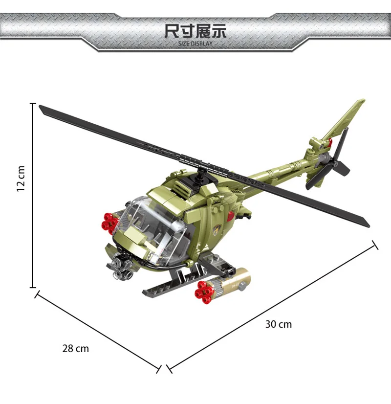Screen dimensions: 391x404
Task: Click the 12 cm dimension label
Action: [x=21, y=179]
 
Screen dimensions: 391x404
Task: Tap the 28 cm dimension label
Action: [x=76, y=349]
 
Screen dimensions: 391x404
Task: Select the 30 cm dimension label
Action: [x=279, y=324]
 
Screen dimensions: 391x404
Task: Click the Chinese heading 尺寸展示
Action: [x=195, y=31]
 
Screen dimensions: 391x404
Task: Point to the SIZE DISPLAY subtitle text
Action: [x=195, y=44]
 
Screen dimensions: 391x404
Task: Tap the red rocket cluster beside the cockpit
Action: [x=110, y=223]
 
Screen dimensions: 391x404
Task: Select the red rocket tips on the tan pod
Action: [x=203, y=292]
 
